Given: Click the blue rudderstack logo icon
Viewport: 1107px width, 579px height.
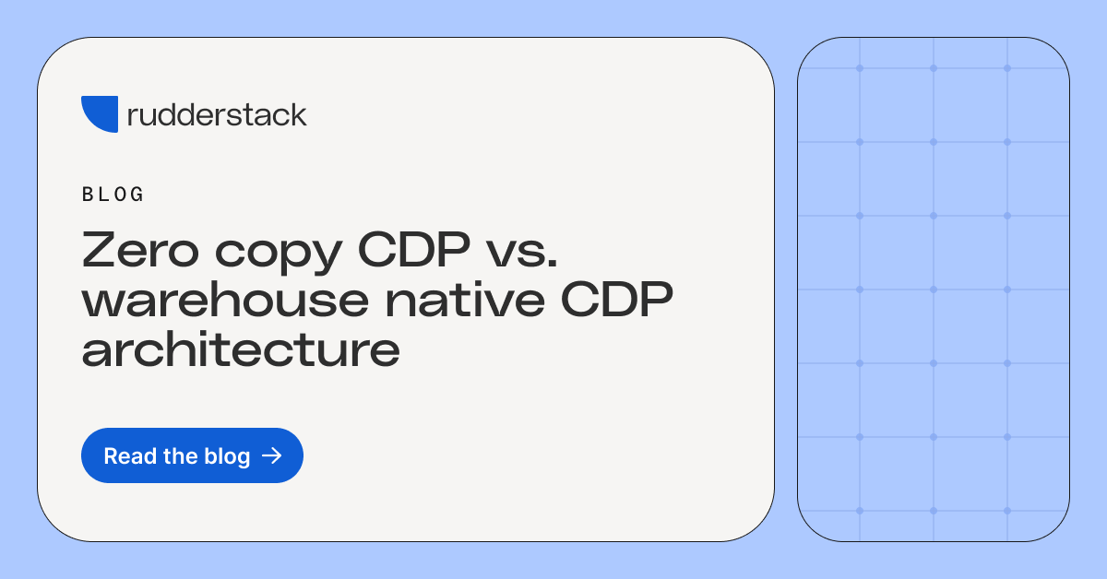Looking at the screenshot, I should (x=99, y=112).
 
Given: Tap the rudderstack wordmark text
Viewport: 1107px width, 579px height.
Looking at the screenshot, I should (x=217, y=115).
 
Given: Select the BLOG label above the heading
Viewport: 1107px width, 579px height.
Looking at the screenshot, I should (x=113, y=195).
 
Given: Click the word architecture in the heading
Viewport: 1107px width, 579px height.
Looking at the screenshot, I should (x=241, y=351).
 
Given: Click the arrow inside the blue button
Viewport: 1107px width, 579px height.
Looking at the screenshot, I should (x=271, y=455).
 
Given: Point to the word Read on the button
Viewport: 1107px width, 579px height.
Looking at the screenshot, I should (x=125, y=456).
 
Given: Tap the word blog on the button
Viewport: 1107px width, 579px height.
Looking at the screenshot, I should (x=226, y=456).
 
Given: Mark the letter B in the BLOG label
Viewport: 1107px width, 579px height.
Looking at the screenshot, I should (x=88, y=195).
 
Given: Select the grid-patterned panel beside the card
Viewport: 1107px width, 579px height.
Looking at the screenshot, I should (x=933, y=289).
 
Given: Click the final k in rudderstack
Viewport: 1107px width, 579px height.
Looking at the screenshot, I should (x=296, y=115).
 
